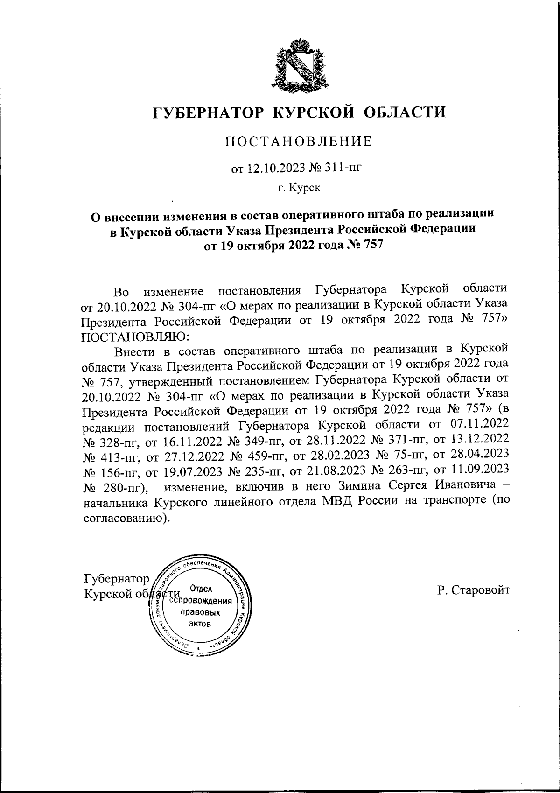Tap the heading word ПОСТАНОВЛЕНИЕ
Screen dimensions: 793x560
[299, 141]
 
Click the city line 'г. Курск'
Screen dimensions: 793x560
[299, 188]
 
